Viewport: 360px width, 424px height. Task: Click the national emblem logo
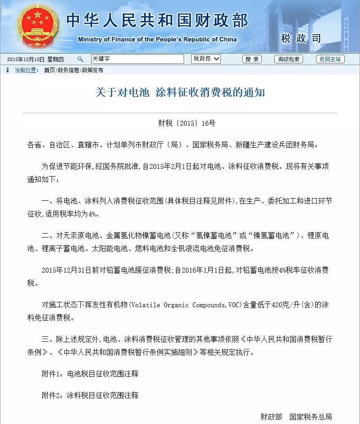pyautogui.click(x=35, y=25)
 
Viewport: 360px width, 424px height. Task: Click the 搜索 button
pyautogui.click(x=252, y=59)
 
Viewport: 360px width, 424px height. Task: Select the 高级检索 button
pyautogui.click(x=288, y=59)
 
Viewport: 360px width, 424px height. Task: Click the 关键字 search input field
pyautogui.click(x=137, y=59)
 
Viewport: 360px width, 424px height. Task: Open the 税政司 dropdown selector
pyautogui.click(x=206, y=59)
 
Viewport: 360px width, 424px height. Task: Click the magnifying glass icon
pyautogui.click(x=80, y=59)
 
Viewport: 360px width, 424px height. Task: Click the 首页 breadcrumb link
pyautogui.click(x=49, y=70)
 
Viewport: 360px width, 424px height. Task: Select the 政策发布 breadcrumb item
pyautogui.click(x=92, y=70)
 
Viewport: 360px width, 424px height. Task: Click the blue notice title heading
pyautogui.click(x=180, y=93)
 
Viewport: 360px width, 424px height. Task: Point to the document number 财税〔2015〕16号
pyautogui.click(x=180, y=123)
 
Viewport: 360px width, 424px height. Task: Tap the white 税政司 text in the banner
pyautogui.click(x=300, y=38)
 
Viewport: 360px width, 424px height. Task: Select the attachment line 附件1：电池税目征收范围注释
pyautogui.click(x=90, y=373)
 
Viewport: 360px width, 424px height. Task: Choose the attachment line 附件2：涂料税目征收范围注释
pyautogui.click(x=90, y=395)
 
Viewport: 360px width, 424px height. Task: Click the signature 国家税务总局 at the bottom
pyautogui.click(x=311, y=417)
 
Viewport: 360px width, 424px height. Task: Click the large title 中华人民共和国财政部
pyautogui.click(x=157, y=20)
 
